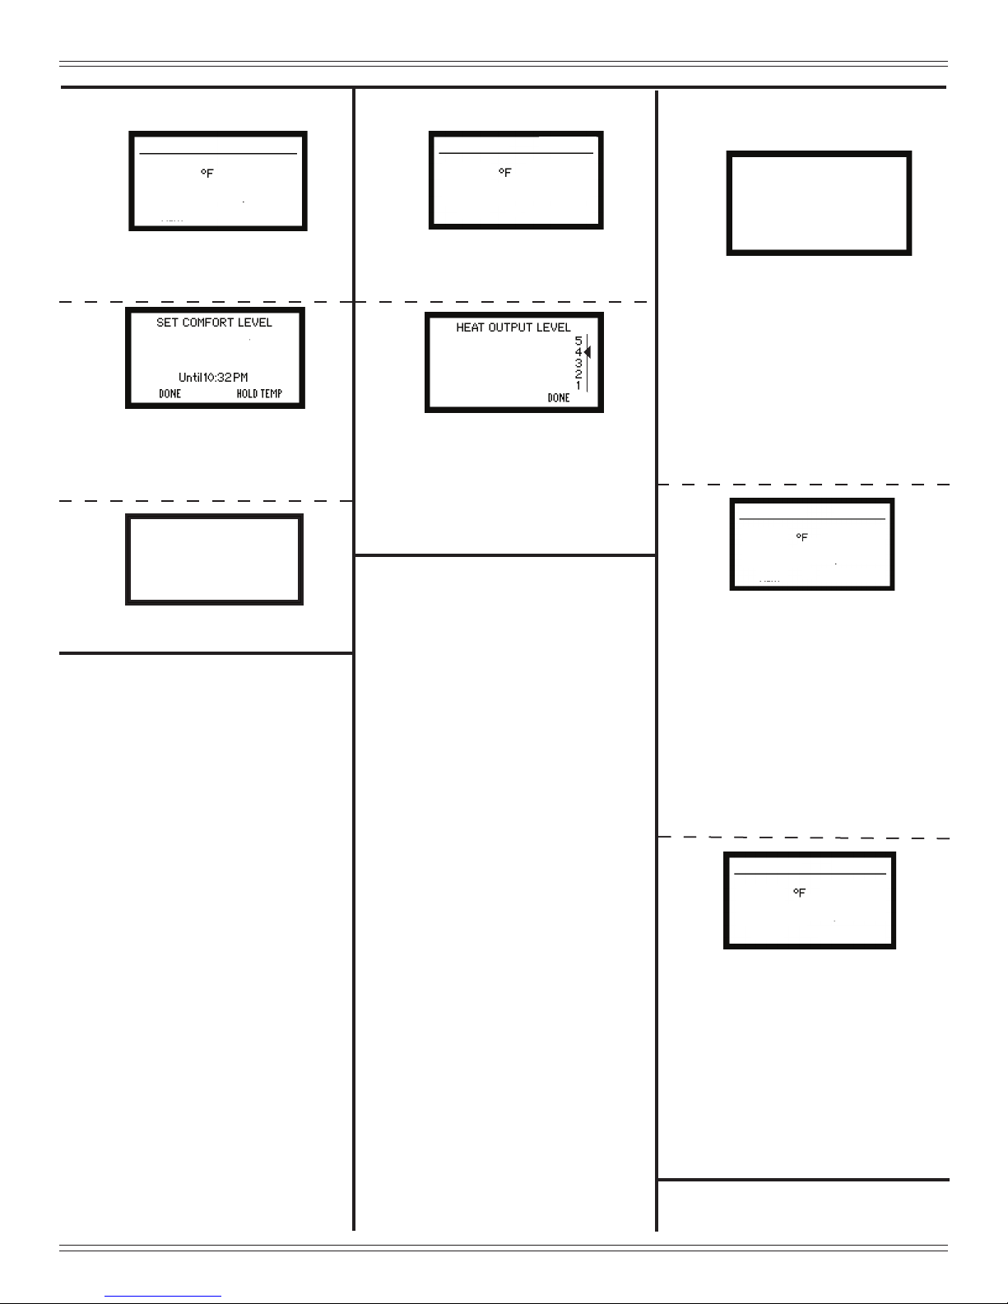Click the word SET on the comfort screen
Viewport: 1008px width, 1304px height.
(167, 323)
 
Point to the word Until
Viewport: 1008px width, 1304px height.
(190, 378)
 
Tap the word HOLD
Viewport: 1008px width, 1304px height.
(247, 394)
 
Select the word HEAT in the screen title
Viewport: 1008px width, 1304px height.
(470, 327)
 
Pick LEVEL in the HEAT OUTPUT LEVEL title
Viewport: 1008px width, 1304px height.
(555, 327)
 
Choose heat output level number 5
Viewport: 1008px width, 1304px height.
(578, 340)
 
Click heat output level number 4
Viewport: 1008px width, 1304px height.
(578, 352)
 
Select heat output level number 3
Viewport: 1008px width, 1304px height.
(578, 363)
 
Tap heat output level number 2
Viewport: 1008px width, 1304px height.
(578, 374)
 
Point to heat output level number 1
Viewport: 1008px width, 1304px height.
(578, 386)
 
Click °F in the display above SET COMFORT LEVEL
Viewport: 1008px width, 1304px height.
(207, 174)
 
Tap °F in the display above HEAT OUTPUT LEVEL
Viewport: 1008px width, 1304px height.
(505, 173)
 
